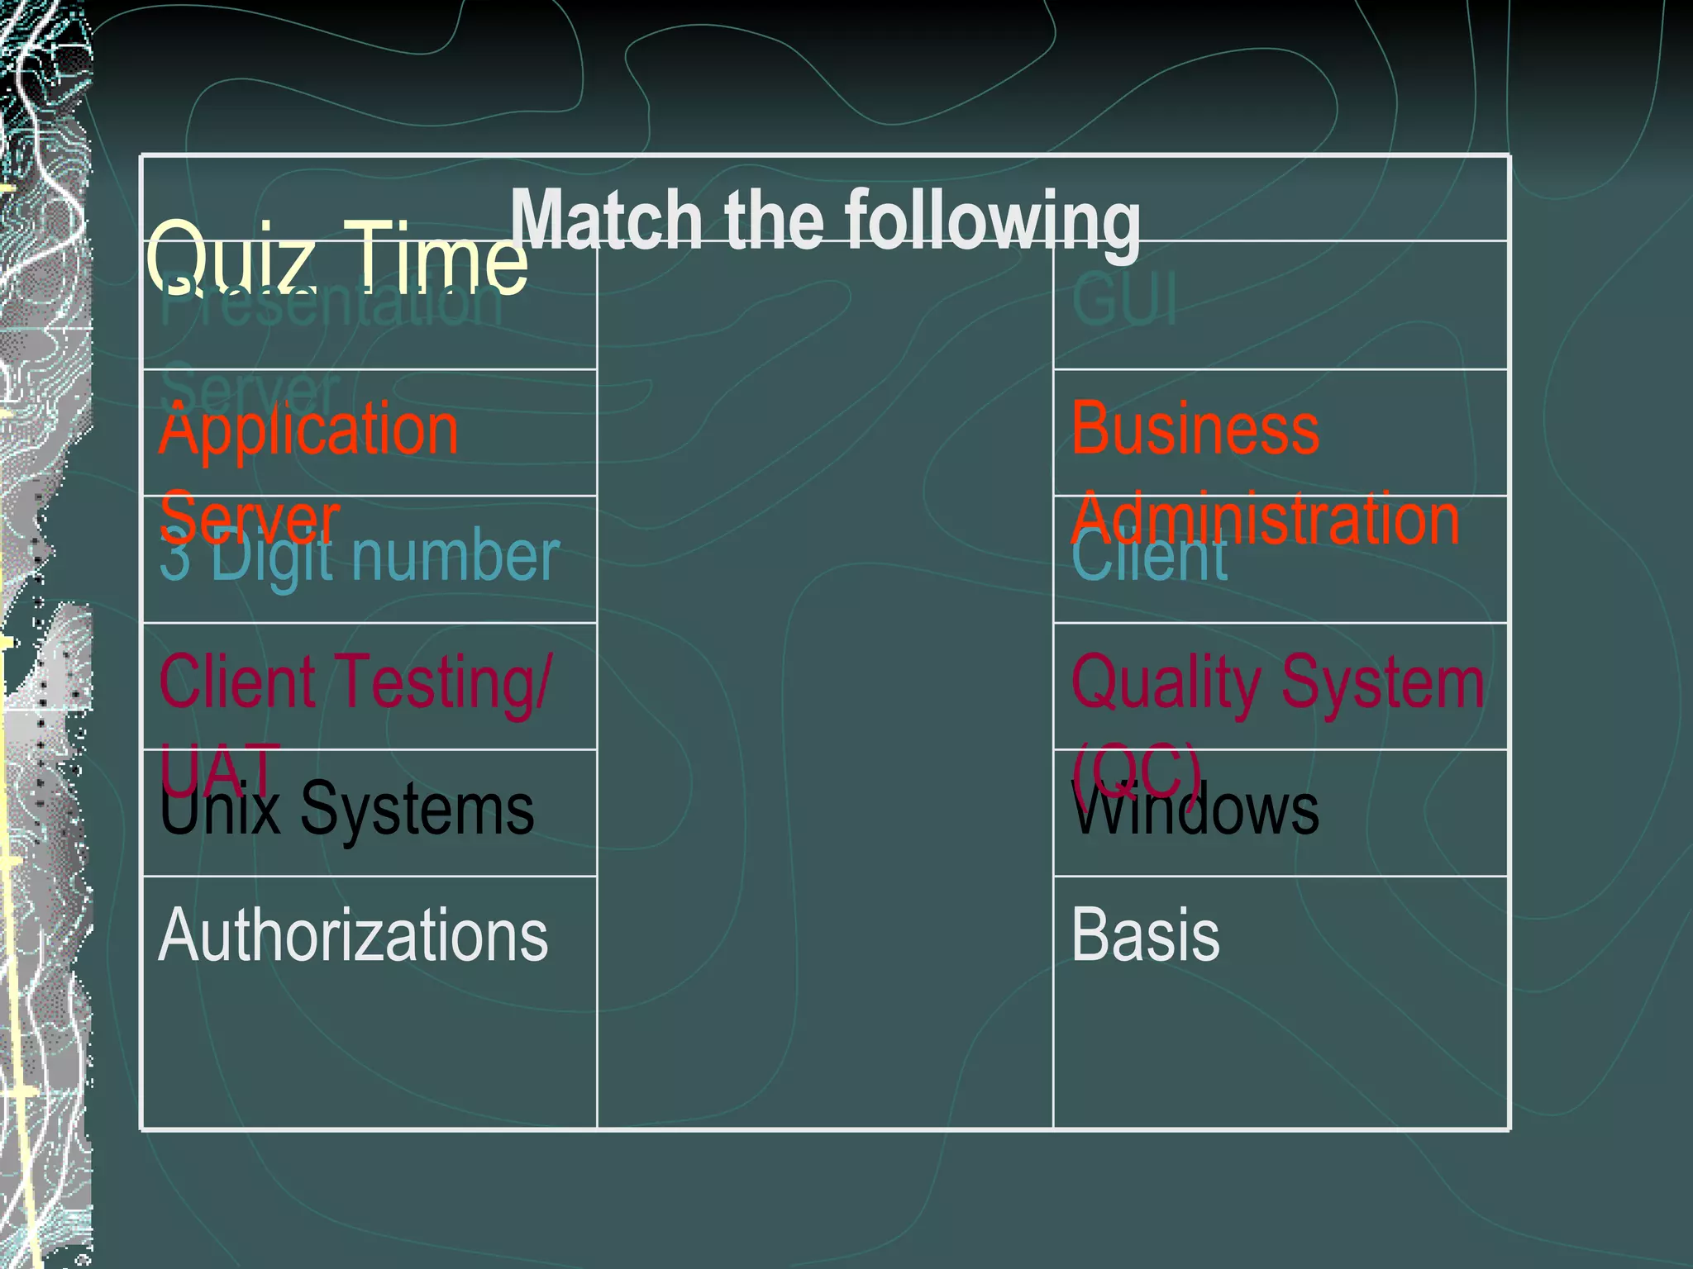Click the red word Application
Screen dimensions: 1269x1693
tap(308, 430)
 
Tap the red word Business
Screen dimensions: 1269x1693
tap(1195, 430)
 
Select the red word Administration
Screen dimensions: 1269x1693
tap(1265, 519)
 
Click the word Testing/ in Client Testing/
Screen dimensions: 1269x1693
tap(446, 682)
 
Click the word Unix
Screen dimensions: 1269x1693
tap(220, 810)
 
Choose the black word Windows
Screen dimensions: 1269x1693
tap(1195, 810)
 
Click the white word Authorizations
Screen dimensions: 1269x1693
tap(353, 935)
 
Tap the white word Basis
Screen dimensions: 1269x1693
tap(1145, 935)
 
